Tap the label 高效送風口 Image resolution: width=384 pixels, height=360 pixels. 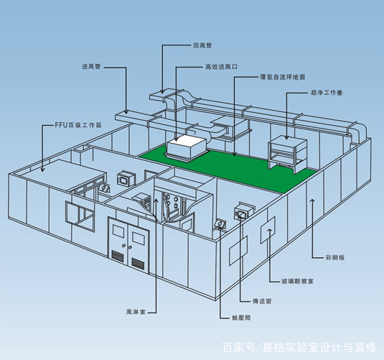coord(221,66)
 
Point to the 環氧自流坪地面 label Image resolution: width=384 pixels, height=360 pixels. coord(281,79)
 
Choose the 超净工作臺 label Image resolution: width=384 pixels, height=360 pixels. coord(326,93)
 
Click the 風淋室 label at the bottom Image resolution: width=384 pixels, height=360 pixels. coord(137,311)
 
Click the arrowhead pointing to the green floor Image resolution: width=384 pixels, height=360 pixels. coord(233,153)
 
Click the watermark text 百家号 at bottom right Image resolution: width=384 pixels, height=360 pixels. coord(238,349)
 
